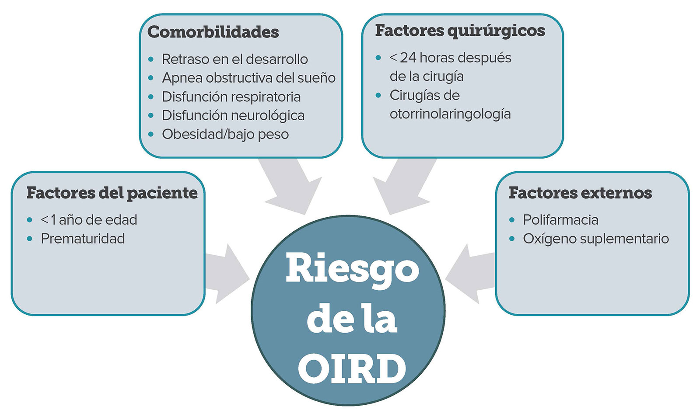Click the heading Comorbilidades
tap(213, 32)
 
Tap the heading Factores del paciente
tap(112, 193)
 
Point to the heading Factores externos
tap(580, 193)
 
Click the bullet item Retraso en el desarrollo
tap(234, 59)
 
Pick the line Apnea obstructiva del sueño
tap(249, 78)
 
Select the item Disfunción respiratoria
tap(231, 97)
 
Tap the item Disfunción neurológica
tap(233, 115)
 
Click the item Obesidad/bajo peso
tap(225, 134)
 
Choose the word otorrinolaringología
tap(450, 114)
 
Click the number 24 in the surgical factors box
tap(408, 58)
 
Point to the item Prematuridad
tap(83, 239)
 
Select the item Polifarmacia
tap(560, 220)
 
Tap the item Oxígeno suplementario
tap(596, 239)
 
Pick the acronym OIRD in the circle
tap(352, 369)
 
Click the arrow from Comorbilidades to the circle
tap(290, 187)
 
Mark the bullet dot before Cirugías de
tap(378, 95)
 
